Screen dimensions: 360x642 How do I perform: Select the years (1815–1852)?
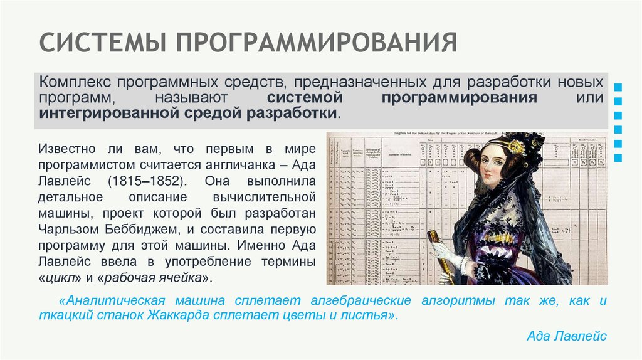[146, 181]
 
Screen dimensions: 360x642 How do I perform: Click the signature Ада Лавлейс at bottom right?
[566, 336]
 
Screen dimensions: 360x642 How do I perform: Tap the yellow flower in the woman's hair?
[516, 147]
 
